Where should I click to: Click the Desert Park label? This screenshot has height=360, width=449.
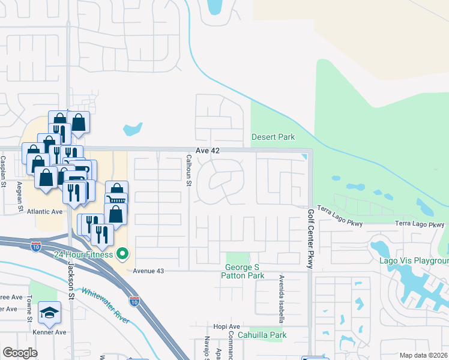273,137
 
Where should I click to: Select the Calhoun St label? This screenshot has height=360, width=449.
188,170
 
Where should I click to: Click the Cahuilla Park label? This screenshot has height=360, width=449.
262,335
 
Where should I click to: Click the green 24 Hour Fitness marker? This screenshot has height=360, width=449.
123,254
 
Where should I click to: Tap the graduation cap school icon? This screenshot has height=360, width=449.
50,313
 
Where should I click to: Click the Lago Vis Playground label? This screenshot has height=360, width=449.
414,261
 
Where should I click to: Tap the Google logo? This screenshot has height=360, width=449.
20,353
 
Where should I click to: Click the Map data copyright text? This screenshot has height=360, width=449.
424,355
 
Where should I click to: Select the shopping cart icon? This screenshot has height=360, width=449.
116,199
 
